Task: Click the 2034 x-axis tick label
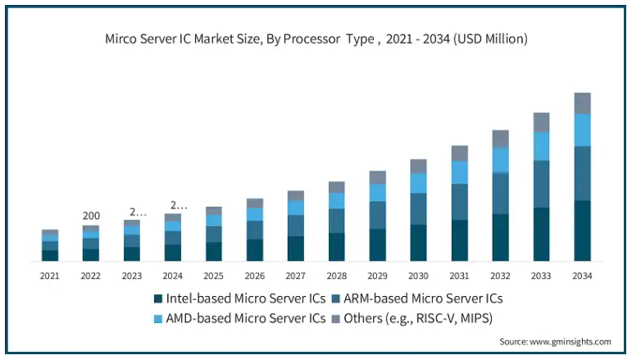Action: coord(582,276)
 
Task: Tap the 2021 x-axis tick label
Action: coord(50,276)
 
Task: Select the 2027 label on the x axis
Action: coord(296,276)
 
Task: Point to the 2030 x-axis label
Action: coord(418,276)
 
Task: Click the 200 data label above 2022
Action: coord(91,216)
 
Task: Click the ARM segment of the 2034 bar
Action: coord(582,173)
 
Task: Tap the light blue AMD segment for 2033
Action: coord(541,146)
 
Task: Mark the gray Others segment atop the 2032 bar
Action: coord(500,139)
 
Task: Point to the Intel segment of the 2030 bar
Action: coord(418,243)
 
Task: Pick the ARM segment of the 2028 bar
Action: coord(337,221)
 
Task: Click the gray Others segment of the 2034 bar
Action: coord(582,103)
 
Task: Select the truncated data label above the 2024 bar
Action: coord(177,205)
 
